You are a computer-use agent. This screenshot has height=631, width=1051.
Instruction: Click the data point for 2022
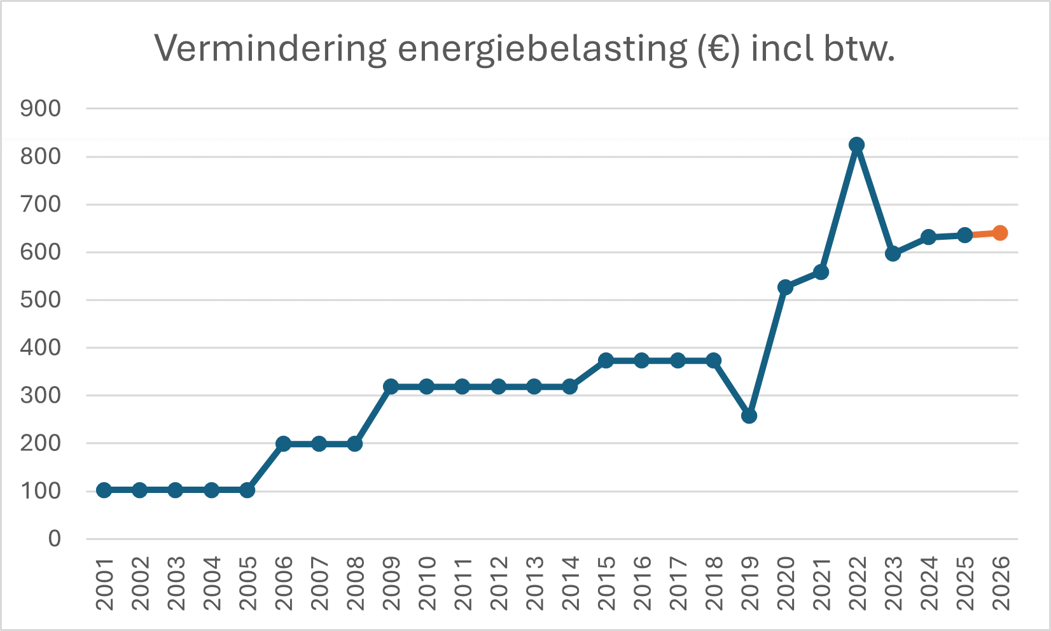856,144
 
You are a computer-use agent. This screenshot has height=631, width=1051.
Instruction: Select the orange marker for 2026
999,233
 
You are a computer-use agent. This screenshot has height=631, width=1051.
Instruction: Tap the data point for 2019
749,416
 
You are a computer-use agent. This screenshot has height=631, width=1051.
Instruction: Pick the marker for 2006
283,443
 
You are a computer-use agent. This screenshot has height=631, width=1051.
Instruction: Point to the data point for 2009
391,386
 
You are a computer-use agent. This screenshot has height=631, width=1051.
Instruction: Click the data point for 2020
784,287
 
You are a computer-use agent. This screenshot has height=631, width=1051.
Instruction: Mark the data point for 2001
104,490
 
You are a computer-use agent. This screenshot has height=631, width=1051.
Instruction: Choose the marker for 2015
606,360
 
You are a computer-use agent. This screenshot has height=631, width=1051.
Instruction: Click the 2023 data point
892,254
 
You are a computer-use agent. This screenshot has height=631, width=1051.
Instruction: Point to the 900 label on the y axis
41,109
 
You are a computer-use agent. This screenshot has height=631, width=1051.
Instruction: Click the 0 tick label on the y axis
55,539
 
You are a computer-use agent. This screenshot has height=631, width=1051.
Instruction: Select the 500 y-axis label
41,300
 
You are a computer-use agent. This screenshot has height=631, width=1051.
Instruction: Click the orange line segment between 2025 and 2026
982,234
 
